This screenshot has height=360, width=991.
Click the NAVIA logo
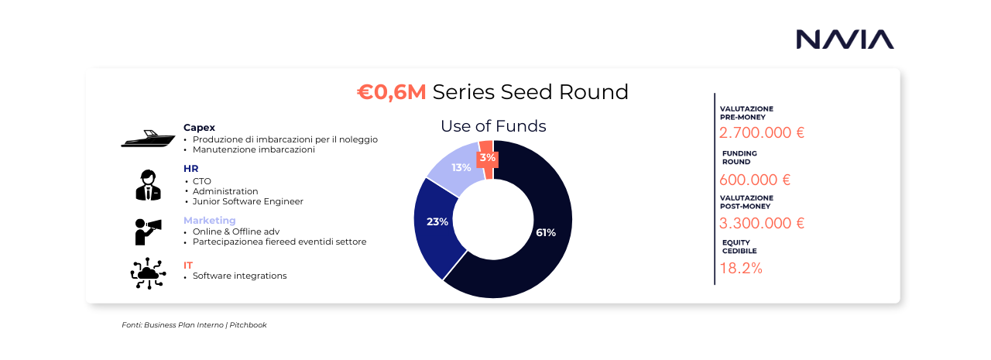point(845,39)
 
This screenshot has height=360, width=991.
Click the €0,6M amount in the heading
point(392,92)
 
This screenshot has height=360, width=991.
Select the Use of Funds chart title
point(493,126)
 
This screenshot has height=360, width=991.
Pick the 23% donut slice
point(436,223)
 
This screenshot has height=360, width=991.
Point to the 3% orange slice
point(487,159)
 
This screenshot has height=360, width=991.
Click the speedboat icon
point(148,139)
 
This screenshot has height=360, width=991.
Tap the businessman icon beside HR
point(148,185)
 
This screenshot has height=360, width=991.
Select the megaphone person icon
point(148,231)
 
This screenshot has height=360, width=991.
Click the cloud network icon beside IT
point(148,273)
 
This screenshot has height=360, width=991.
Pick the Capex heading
point(199,128)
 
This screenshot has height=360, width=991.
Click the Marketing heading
point(209,220)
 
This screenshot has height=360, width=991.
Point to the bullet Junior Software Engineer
point(248,201)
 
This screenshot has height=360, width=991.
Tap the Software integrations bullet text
point(239,276)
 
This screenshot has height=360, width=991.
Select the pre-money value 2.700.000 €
point(761,132)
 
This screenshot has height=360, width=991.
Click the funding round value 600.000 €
point(755,180)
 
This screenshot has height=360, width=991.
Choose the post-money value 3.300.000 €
point(761,223)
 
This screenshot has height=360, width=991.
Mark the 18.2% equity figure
point(741,269)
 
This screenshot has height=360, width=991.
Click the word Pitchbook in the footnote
point(248,325)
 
